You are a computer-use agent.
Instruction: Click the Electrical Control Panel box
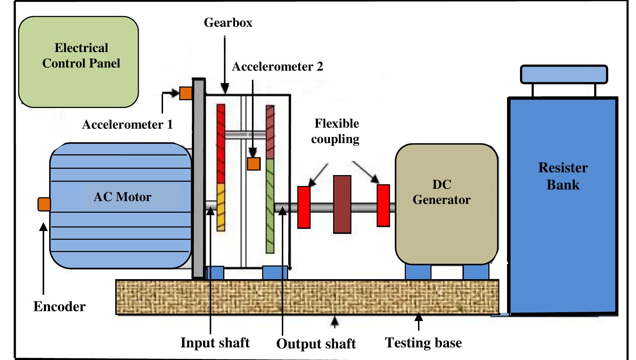tap(78, 62)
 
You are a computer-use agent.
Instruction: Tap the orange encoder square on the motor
tap(44, 204)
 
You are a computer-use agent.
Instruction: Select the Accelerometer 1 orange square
tap(186, 93)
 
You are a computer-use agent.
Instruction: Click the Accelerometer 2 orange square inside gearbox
tap(253, 163)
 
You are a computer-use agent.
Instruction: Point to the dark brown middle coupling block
tap(342, 204)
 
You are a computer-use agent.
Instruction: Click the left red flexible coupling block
tap(304, 207)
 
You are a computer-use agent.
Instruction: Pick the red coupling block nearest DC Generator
tap(383, 205)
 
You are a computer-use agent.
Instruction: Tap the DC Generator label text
tap(441, 192)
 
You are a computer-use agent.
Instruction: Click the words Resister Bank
tap(563, 176)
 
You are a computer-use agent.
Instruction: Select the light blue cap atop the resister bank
tap(564, 74)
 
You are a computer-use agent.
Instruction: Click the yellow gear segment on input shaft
tap(221, 207)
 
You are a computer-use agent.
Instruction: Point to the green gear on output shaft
tap(270, 206)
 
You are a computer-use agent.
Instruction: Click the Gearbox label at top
tap(228, 22)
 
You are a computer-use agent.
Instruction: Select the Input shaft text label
tap(215, 342)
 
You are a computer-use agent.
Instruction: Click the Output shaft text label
tap(316, 343)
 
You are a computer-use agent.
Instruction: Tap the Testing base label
tap(423, 342)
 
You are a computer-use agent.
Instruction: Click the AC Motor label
tap(122, 197)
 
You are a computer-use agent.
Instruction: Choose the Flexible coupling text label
tap(336, 131)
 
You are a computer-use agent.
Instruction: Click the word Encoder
tap(59, 307)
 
